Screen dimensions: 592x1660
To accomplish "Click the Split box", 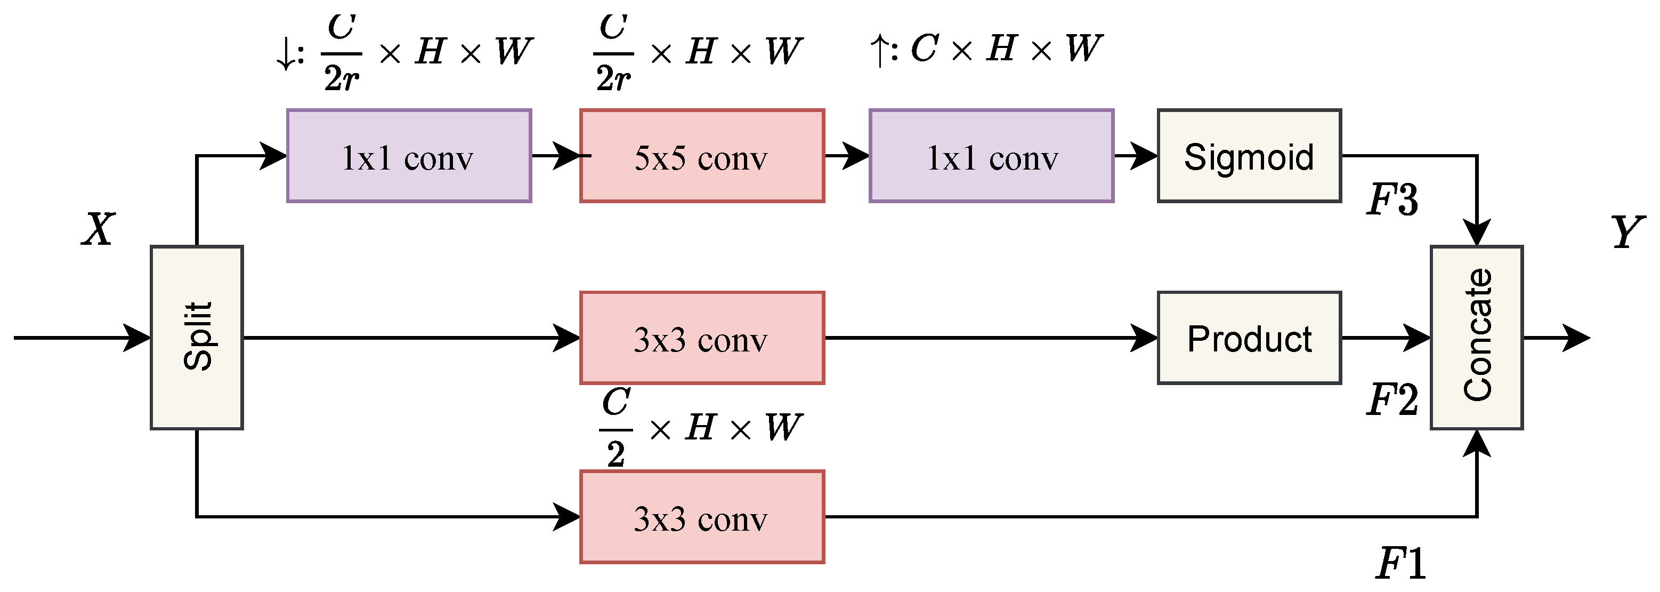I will pyautogui.click(x=197, y=337).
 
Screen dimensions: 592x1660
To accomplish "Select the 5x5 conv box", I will pyautogui.click(x=702, y=156).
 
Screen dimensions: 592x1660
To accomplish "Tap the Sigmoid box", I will pyautogui.click(x=1249, y=156).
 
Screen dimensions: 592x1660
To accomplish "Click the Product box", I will pyautogui.click(x=1249, y=338).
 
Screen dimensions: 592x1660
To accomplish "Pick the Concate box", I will pyautogui.click(x=1476, y=337).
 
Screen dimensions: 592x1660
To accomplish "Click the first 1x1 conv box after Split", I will pyautogui.click(x=409, y=156).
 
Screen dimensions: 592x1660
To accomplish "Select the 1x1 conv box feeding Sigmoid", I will pyautogui.click(x=991, y=156).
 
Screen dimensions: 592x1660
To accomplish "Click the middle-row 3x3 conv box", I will pyautogui.click(x=702, y=338).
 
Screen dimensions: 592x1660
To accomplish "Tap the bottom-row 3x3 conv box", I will pyautogui.click(x=702, y=517).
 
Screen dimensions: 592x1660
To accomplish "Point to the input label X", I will pyautogui.click(x=99, y=229).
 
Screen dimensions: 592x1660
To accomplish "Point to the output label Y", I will pyautogui.click(x=1626, y=231).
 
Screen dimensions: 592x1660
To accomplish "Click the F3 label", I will pyautogui.click(x=1392, y=199).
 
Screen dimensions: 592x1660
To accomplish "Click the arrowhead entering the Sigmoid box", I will pyautogui.click(x=1146, y=156).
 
